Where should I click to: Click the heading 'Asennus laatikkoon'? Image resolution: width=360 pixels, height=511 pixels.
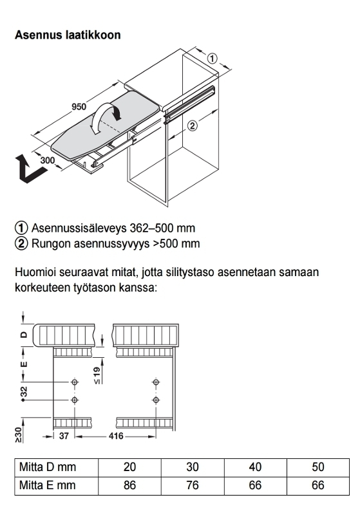coord(68,35)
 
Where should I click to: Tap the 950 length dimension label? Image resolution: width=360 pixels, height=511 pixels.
coord(79,107)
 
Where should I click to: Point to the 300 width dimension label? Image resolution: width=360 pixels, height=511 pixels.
coord(48,160)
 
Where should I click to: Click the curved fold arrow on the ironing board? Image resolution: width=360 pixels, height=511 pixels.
coord(106,118)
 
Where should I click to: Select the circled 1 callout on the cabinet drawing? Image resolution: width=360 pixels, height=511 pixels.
coord(212,59)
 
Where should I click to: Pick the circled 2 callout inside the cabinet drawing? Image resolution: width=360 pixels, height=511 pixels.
coord(193,125)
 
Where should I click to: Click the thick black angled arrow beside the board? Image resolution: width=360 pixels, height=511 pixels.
coord(30,169)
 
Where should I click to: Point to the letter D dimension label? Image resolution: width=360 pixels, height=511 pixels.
coord(24,335)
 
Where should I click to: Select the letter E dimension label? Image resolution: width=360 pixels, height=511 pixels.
coord(24,364)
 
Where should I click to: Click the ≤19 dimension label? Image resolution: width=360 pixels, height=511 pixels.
coord(97,375)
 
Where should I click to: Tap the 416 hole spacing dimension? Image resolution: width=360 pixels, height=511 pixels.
coord(116,436)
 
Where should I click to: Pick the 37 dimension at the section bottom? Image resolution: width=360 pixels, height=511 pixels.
coord(64,436)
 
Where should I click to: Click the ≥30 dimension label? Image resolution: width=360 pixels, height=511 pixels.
coord(19,435)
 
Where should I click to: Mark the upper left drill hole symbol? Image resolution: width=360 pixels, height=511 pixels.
coord(75,382)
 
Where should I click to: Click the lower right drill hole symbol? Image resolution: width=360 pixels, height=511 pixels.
coord(156,400)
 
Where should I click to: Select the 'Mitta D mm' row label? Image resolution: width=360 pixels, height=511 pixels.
coord(48,467)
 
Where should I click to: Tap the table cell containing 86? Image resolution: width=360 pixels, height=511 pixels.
coord(129,485)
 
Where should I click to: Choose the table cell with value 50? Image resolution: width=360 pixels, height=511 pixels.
coord(318,467)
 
